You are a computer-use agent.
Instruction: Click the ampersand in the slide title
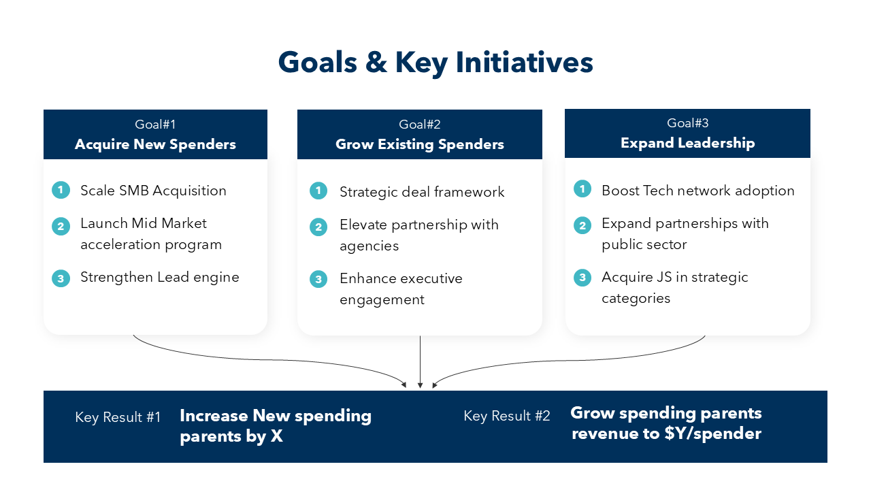[x=376, y=62]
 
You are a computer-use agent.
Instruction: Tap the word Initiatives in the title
[x=524, y=62]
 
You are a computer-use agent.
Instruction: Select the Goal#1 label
[x=155, y=125]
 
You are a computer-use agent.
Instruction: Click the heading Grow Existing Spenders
[x=420, y=144]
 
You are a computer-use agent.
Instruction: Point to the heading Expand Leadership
[x=687, y=143]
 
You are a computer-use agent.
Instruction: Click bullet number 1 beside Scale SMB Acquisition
[x=61, y=190]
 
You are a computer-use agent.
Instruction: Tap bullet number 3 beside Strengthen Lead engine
[x=61, y=278]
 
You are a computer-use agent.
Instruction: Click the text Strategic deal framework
[x=422, y=192]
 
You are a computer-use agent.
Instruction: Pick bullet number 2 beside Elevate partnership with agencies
[x=318, y=227]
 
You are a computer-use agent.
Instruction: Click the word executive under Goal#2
[x=431, y=278]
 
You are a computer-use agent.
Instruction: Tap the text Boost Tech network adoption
[x=698, y=191]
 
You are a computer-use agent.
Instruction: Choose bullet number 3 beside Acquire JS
[x=582, y=278]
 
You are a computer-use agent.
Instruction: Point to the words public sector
[x=644, y=245]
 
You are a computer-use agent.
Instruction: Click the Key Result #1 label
[x=118, y=417]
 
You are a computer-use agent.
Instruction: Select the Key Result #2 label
[x=507, y=416]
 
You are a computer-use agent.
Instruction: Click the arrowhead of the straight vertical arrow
[x=420, y=385]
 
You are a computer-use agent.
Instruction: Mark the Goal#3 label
[x=687, y=123]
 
